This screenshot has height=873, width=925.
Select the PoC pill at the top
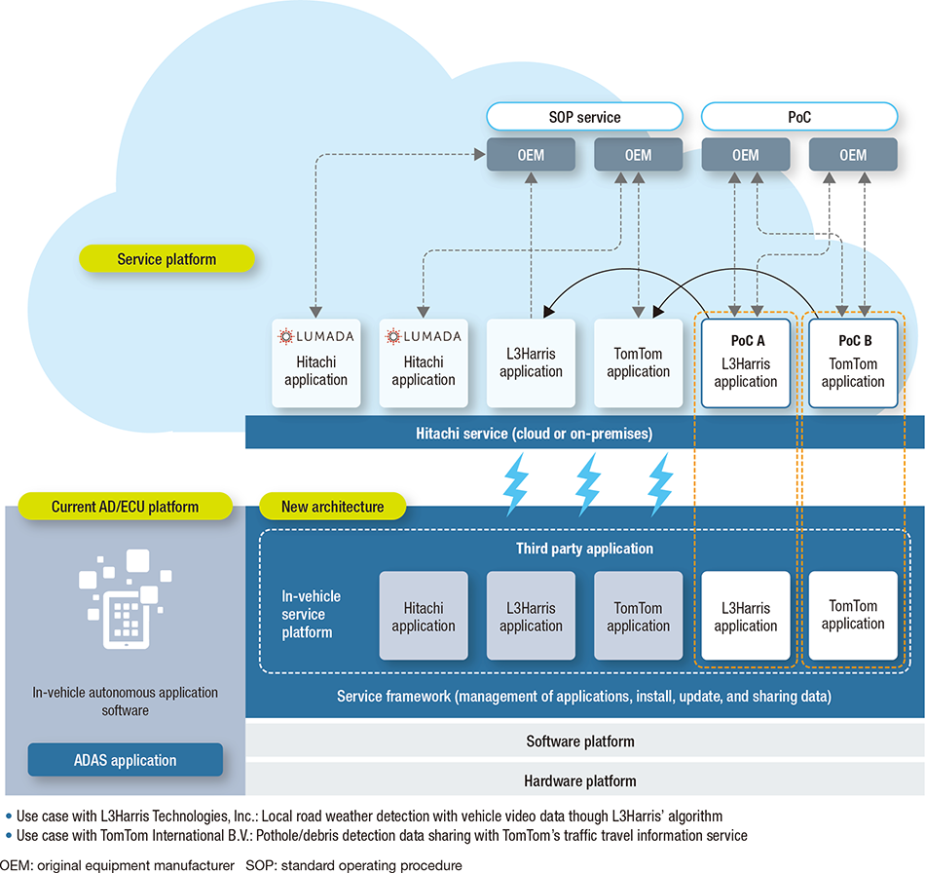(x=798, y=118)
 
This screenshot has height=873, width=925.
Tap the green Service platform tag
(x=166, y=259)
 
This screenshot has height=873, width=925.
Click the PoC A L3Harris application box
(x=745, y=361)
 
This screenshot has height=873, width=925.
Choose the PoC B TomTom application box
(x=852, y=361)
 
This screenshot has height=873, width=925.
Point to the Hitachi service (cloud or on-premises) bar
(x=584, y=433)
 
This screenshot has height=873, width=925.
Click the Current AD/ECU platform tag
(x=125, y=507)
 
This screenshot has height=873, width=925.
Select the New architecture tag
(x=332, y=507)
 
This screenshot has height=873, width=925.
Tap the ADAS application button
(x=125, y=760)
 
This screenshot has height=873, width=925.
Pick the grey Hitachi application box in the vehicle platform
(x=424, y=616)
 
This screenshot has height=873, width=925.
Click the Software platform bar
(x=580, y=741)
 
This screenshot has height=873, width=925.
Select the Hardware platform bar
(x=580, y=780)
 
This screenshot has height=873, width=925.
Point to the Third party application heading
(x=584, y=549)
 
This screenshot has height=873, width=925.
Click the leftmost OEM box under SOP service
(x=531, y=155)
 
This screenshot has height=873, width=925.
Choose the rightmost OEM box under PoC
(x=852, y=155)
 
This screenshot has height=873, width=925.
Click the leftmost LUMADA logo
(x=316, y=336)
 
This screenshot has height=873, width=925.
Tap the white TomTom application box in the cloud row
(x=638, y=361)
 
